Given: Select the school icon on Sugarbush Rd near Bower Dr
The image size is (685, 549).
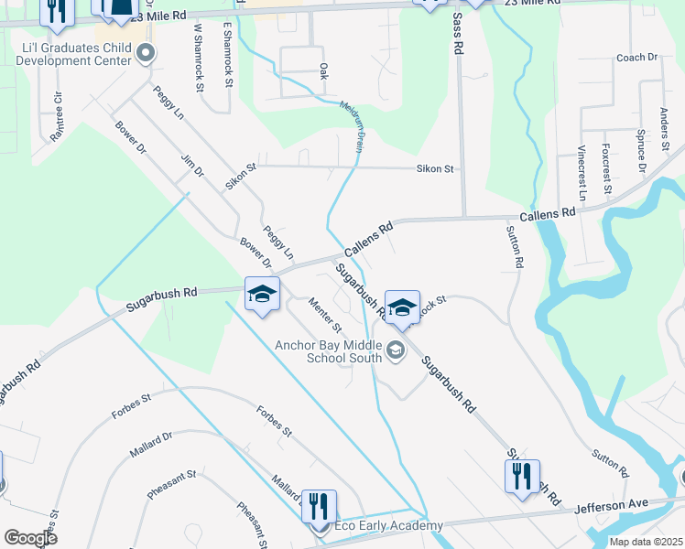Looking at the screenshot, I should click(x=262, y=295).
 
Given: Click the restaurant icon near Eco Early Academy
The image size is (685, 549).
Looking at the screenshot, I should click(x=319, y=505).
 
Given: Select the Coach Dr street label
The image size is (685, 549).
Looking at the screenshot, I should click(x=637, y=57).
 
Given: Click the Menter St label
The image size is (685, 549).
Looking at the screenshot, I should click(x=325, y=315).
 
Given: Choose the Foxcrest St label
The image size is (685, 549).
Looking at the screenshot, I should click(x=606, y=167).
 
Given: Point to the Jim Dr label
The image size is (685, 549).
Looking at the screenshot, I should click(x=192, y=166).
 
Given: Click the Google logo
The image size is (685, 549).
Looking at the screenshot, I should click(x=30, y=537).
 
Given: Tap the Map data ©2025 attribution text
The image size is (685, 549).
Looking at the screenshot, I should click(x=646, y=542).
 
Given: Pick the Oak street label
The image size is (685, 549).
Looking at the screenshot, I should click(x=322, y=70).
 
